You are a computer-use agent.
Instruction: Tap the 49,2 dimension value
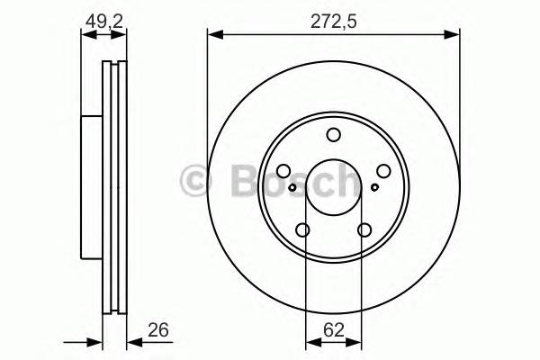point(103,20)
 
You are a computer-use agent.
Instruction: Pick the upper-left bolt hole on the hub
point(283,172)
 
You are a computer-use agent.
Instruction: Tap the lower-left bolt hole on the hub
point(303,230)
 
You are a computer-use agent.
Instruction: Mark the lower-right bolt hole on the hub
point(364,230)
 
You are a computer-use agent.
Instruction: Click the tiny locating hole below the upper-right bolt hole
point(375,188)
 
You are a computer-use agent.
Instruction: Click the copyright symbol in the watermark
point(196,180)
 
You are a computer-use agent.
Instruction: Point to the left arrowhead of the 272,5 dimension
point(213,35)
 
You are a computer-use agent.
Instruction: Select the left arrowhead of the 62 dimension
point(310,341)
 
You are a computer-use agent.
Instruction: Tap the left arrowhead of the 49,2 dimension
point(86,35)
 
